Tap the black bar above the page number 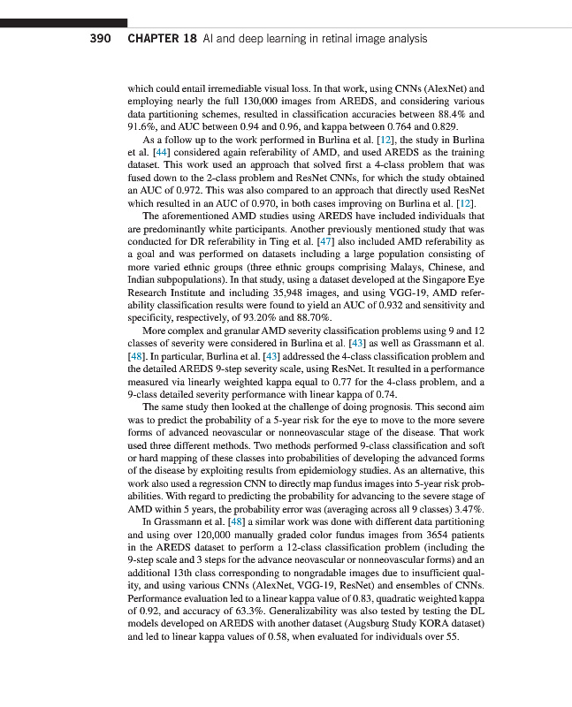coord(64,22)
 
